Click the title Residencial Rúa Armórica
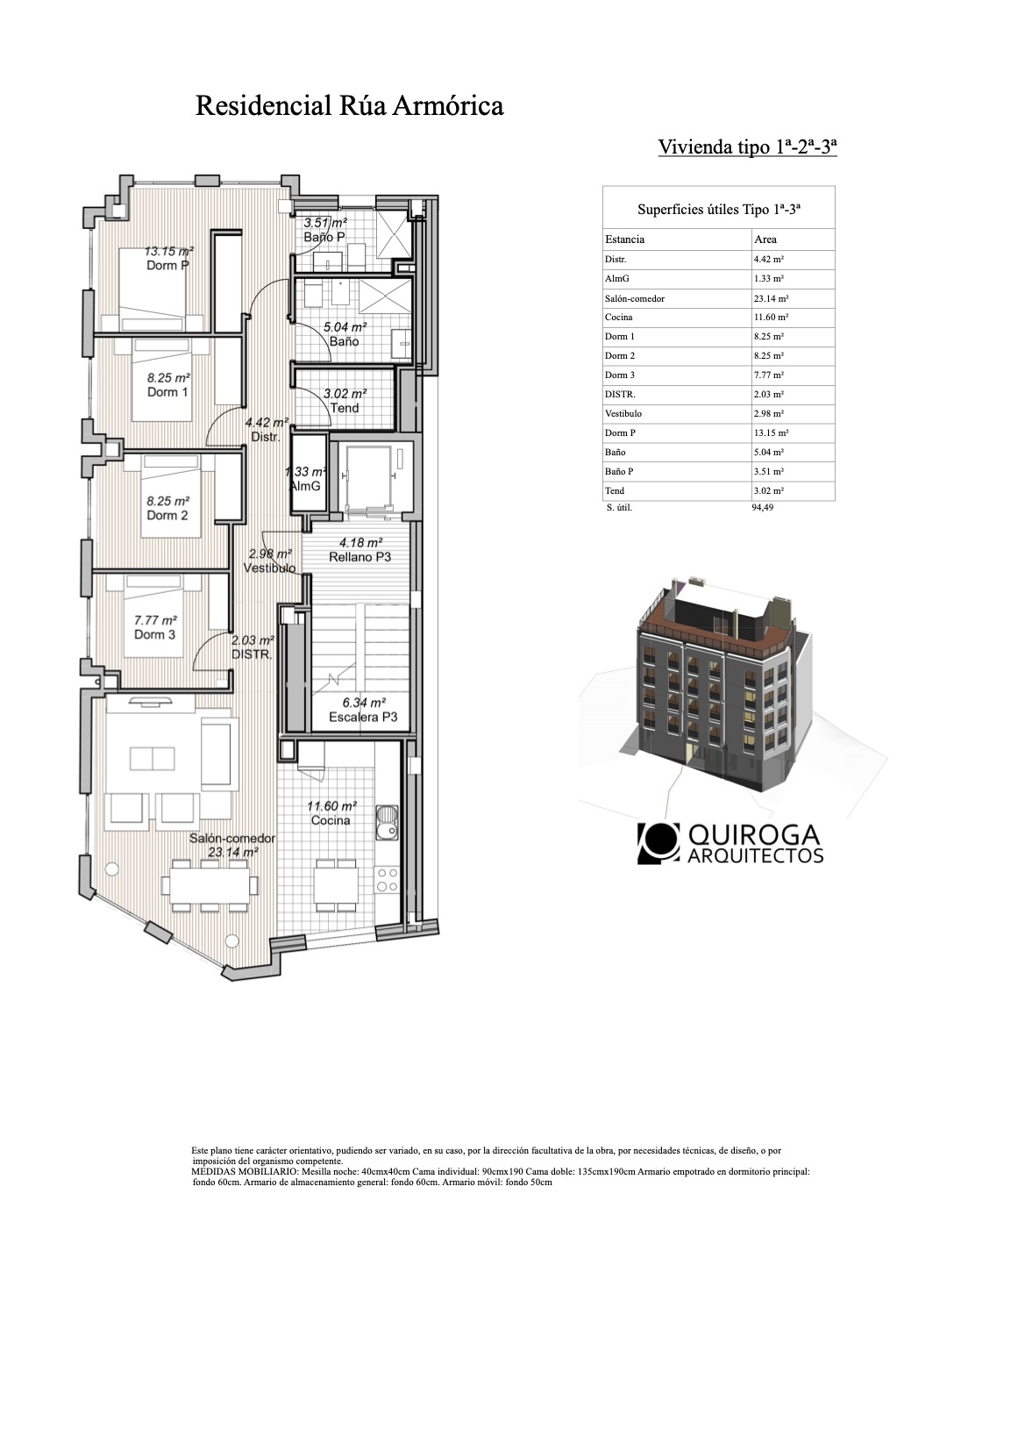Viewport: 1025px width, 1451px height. click(349, 105)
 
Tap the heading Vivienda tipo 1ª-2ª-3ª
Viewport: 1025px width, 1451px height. click(747, 147)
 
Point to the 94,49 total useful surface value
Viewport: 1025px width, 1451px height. click(762, 508)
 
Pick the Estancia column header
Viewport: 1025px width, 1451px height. click(624, 239)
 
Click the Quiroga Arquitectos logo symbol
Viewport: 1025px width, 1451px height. click(658, 843)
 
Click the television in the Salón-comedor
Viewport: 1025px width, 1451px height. click(151, 699)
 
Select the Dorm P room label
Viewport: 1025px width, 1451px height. click(167, 266)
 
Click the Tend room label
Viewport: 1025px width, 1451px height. click(344, 408)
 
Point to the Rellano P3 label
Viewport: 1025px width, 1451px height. click(359, 557)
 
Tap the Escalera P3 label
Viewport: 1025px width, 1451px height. click(363, 717)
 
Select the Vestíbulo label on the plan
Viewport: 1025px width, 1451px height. click(269, 568)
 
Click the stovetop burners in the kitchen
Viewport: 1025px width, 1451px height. click(388, 880)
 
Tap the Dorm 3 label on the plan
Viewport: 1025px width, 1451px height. click(154, 635)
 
